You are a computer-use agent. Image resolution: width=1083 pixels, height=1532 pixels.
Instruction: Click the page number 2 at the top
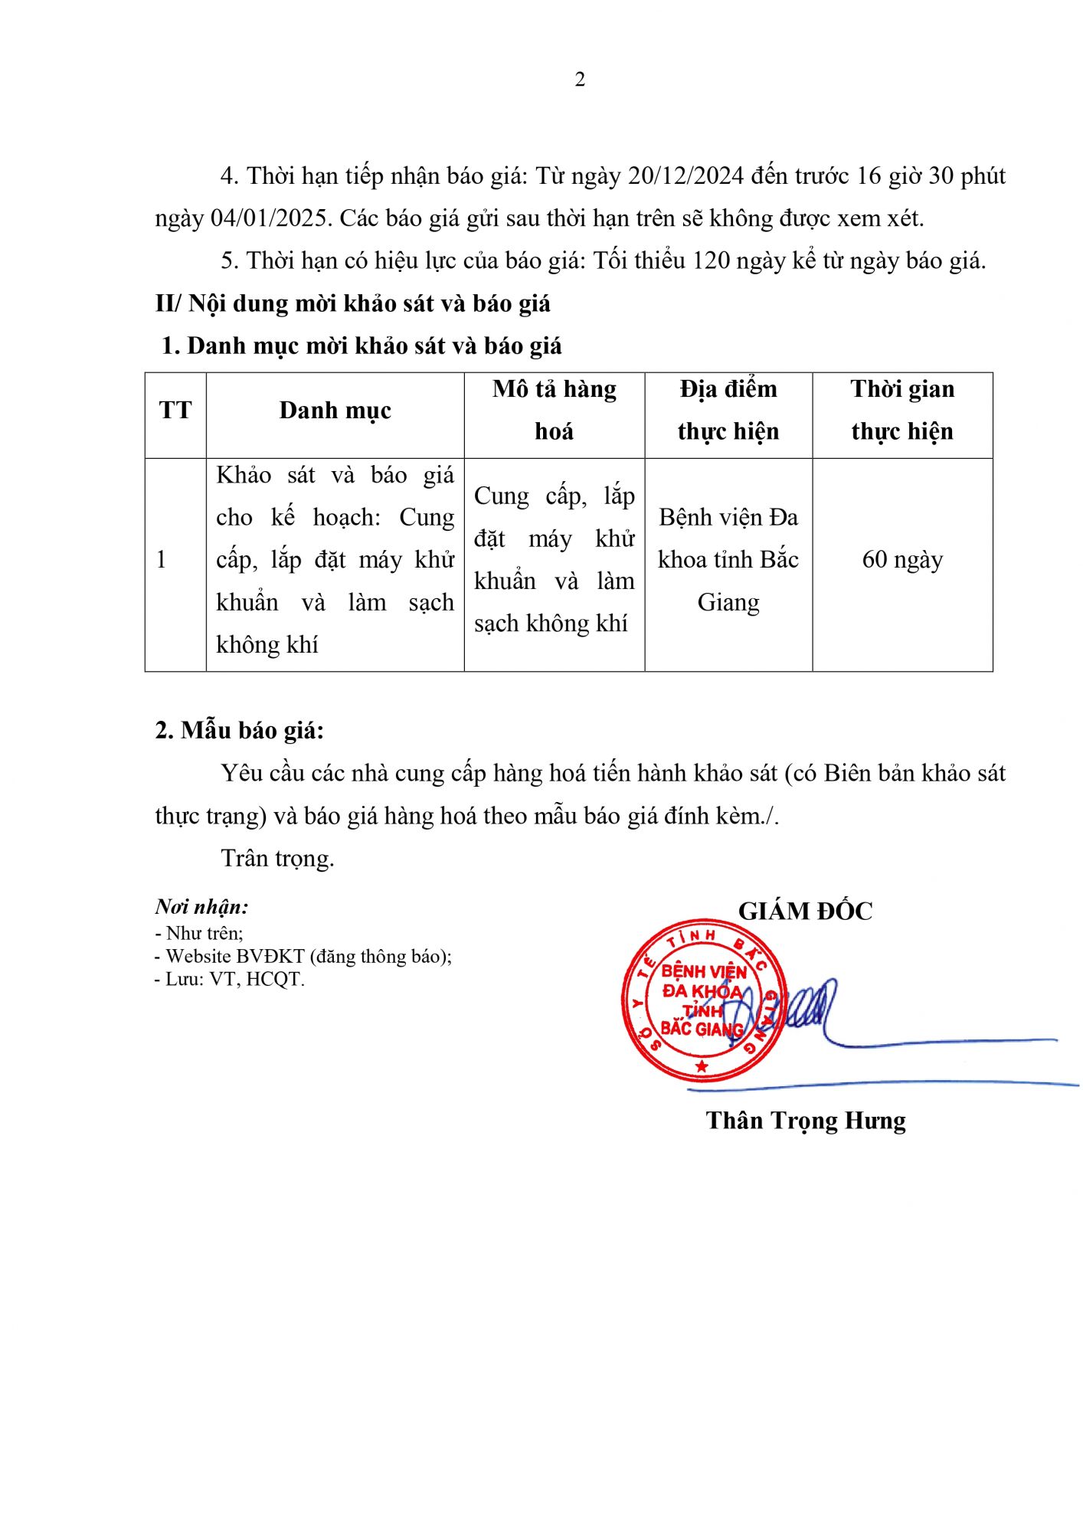(580, 80)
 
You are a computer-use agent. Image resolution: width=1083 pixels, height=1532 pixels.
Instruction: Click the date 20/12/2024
(685, 176)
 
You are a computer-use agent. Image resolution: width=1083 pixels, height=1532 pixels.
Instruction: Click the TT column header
(175, 411)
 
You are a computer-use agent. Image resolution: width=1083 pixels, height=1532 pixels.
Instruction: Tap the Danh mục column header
(335, 411)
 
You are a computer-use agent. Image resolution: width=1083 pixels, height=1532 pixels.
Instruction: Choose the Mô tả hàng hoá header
(554, 411)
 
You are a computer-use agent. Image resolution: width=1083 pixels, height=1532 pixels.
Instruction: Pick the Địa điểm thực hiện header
(728, 411)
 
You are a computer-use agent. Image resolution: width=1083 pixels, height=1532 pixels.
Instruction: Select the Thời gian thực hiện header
(902, 411)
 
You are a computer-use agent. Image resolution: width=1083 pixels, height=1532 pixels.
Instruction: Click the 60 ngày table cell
(902, 560)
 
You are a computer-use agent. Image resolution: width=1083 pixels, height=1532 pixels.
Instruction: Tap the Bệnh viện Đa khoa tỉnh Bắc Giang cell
(728, 560)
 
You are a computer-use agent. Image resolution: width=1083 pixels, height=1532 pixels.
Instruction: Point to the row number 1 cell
(162, 560)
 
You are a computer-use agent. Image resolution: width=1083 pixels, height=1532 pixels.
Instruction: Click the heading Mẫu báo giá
(240, 731)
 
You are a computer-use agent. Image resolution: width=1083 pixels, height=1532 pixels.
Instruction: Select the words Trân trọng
(277, 858)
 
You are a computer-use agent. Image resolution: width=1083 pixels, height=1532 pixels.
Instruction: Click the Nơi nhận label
(201, 907)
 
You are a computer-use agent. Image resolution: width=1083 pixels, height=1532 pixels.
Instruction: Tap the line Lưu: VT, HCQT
(231, 980)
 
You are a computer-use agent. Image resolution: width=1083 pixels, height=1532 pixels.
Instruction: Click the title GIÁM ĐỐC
(805, 912)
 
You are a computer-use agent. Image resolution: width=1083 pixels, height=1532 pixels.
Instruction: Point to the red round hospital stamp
(703, 999)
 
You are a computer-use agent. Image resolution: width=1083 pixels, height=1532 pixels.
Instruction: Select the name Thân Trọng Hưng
(806, 1121)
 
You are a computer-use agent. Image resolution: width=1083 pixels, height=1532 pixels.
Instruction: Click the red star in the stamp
(701, 1066)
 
